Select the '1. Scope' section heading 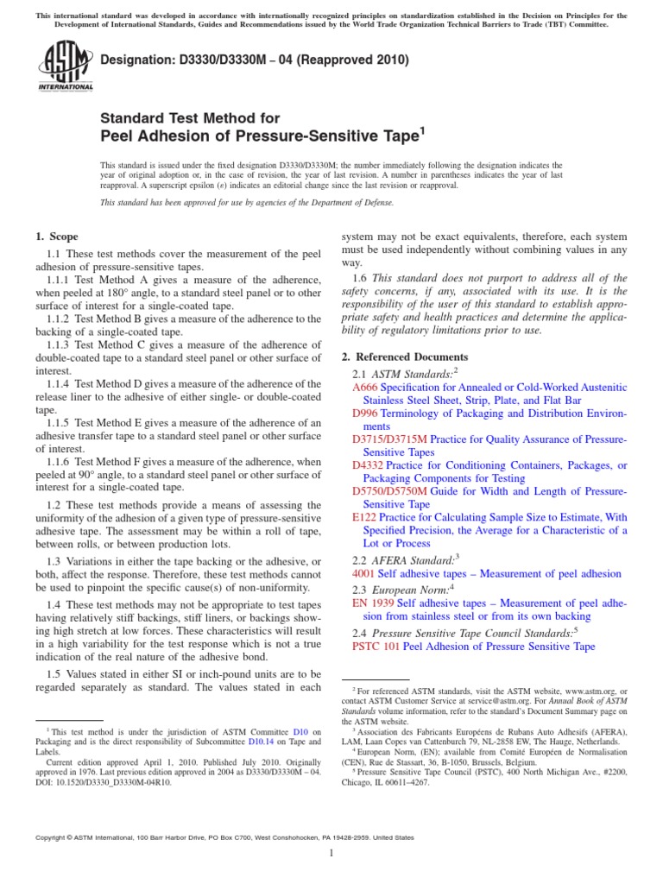coord(56,237)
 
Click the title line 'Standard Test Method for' coord(191,117)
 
